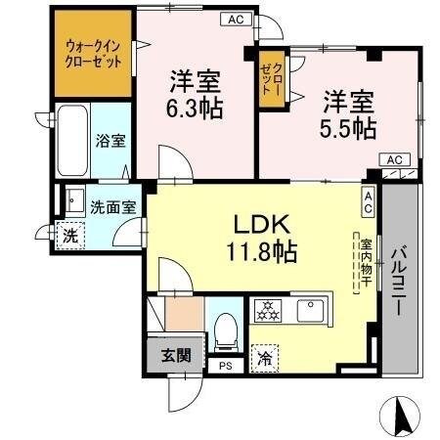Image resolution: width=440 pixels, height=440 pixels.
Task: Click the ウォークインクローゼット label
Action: coord(95,53)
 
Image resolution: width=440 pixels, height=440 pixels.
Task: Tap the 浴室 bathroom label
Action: coord(110,141)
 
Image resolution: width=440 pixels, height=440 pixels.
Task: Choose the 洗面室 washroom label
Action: coord(112,206)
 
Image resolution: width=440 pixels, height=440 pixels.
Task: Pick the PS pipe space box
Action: coord(226,367)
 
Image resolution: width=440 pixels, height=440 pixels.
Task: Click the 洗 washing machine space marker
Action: coord(69,236)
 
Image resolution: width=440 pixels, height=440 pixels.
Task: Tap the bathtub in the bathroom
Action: coord(71,141)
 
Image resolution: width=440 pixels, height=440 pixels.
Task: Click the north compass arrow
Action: coord(401,416)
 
